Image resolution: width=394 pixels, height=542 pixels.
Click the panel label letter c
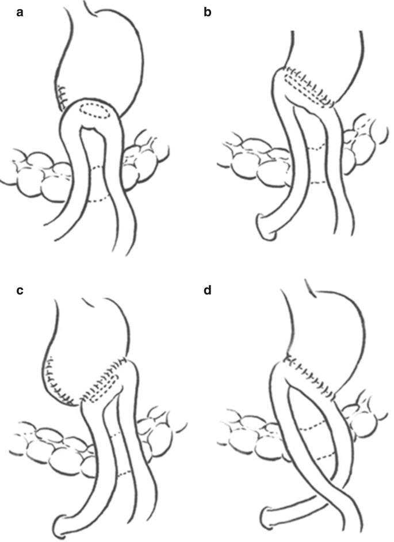(x=20, y=289)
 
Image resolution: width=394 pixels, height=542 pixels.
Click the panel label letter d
(x=208, y=289)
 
